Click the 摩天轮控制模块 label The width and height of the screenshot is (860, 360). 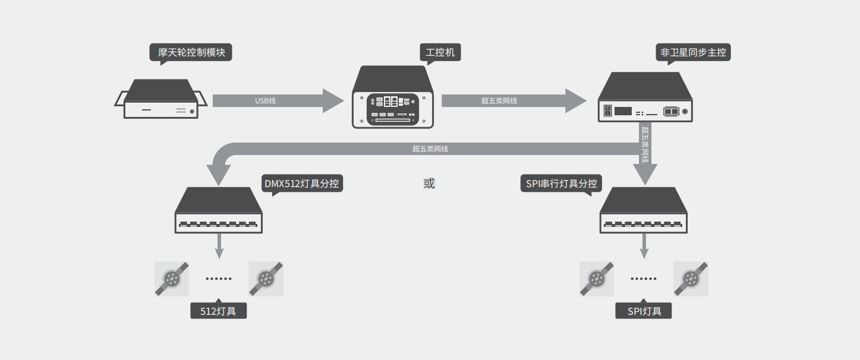pos(191,52)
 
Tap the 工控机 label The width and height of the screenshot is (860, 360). pos(440,52)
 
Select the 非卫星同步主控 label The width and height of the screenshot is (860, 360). pos(693,52)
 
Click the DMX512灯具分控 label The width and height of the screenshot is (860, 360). pos(302,183)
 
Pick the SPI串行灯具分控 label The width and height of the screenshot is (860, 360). pos(561,184)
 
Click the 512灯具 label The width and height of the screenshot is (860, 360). pos(218,311)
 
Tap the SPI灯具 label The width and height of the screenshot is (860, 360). pos(644,311)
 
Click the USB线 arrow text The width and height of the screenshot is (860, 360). pos(265,101)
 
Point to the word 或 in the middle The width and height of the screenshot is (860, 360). pos(429,184)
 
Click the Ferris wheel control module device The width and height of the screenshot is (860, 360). pos(160,100)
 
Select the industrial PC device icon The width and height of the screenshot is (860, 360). pos(392,97)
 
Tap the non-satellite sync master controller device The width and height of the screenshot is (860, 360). pos(645,97)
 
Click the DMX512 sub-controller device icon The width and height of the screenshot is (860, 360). pos(219,210)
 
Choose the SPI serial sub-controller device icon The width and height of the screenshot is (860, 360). pos(644,210)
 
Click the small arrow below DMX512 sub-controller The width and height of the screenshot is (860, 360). pos(219,245)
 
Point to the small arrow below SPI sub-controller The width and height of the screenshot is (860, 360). pos(644,245)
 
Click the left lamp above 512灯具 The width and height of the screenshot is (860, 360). pos(172,279)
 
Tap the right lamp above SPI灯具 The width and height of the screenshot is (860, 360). pos(691,279)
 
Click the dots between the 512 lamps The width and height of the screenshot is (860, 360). pos(219,279)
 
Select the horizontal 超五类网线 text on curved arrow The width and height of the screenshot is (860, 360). pos(430,149)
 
